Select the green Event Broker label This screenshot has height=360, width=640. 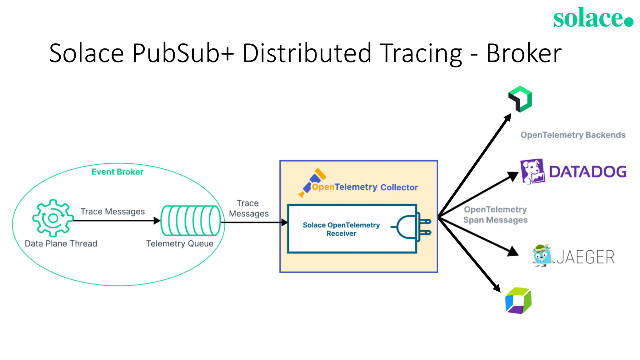pos(117,172)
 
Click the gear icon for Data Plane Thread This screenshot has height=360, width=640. pos(53,218)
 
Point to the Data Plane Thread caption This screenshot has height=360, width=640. pos(61,243)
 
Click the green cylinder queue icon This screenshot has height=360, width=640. pos(191,220)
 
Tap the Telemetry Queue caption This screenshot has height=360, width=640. pos(180,243)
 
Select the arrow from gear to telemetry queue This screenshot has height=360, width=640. pos(116,221)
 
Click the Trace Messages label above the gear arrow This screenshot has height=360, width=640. pos(112,212)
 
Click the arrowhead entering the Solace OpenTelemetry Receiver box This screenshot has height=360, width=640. pos(284,222)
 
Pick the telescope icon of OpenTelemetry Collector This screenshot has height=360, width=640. pos(312,182)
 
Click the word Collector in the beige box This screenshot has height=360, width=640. pos(399,187)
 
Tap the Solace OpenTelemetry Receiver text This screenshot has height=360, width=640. pos(341,229)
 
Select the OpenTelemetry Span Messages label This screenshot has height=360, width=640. pos(495,215)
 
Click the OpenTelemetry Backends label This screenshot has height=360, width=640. pos(573,135)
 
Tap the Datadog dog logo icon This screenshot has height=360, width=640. pos(532,172)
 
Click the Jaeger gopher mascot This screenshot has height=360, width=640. pos(542,255)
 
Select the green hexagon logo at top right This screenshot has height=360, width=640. pos(520,99)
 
